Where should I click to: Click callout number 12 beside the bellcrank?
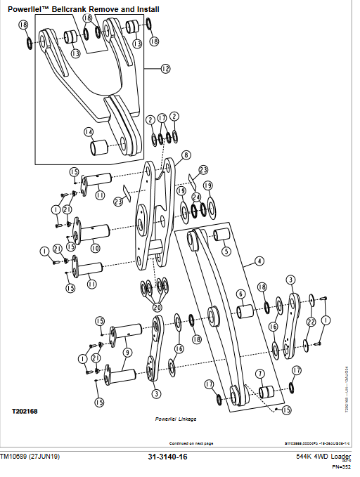click(x=166, y=69)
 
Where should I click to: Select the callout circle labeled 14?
click(x=89, y=131)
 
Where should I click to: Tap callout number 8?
click(x=186, y=155)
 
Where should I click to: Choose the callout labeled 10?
click(x=95, y=248)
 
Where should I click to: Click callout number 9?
click(x=127, y=353)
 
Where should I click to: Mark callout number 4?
click(x=259, y=261)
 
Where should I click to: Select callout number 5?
click(x=226, y=251)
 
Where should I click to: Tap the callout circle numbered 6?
click(x=240, y=294)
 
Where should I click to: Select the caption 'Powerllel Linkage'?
click(x=176, y=419)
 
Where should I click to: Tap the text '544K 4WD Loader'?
click(x=323, y=457)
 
